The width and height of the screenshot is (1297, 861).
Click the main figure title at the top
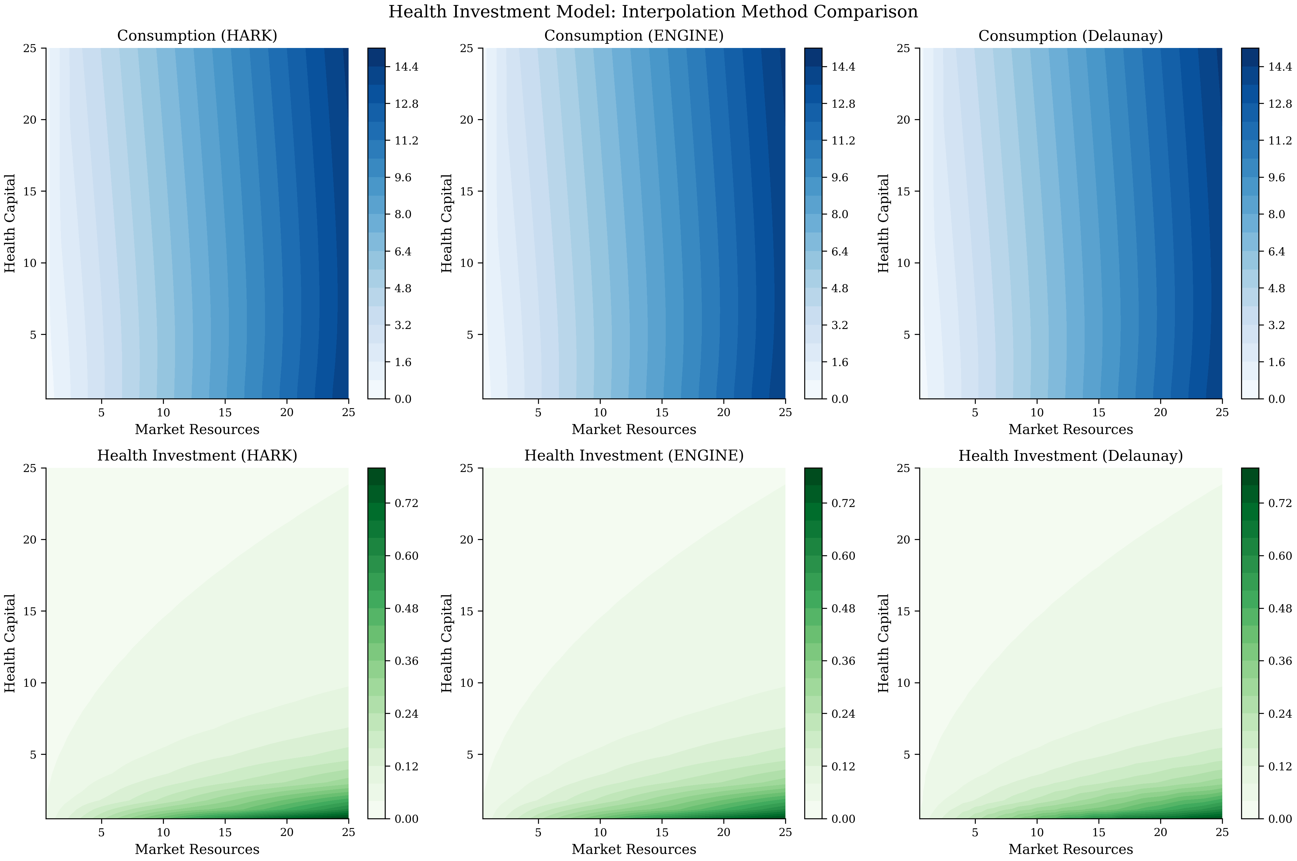(x=652, y=11)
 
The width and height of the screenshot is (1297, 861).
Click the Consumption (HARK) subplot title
(x=197, y=36)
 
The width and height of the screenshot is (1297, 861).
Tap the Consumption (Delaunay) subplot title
(x=1070, y=36)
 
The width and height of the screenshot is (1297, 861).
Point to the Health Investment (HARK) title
(x=197, y=456)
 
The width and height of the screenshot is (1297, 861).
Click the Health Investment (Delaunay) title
(x=1070, y=456)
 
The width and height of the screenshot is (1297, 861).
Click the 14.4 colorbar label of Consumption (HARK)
(x=406, y=67)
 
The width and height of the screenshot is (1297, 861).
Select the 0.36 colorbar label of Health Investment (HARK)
(x=406, y=661)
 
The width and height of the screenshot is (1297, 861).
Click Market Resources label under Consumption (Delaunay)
(x=1070, y=429)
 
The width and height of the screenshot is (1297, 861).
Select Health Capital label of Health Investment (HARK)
(x=10, y=643)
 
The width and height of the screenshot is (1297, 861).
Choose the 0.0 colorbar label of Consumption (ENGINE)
(x=840, y=399)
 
